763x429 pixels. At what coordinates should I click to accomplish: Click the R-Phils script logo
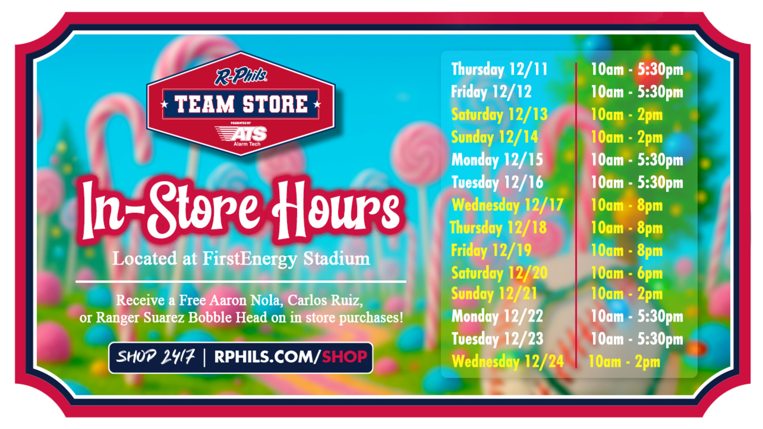coord(241,76)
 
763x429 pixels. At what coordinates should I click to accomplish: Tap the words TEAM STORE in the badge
coord(241,104)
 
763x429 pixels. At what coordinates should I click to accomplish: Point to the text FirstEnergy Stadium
coord(286,259)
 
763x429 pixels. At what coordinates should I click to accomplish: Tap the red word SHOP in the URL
coord(344,357)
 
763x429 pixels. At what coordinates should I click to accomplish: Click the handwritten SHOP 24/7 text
coord(156,356)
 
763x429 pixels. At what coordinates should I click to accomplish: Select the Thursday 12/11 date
coord(499,69)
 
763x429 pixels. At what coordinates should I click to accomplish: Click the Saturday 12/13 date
coord(499,115)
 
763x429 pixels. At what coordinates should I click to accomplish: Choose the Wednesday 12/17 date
coord(508,205)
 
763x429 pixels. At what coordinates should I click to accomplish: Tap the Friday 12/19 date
coord(491,250)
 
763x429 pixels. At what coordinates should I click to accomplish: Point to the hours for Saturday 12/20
coord(627,273)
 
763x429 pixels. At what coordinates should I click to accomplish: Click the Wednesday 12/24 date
coord(508,362)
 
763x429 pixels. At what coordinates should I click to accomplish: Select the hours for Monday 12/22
coord(637,316)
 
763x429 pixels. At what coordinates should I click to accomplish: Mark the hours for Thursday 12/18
coord(627,228)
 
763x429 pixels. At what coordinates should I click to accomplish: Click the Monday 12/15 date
coord(497,160)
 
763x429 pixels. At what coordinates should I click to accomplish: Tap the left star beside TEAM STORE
coord(164,104)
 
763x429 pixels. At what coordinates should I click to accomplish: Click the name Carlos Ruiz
coord(325,300)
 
